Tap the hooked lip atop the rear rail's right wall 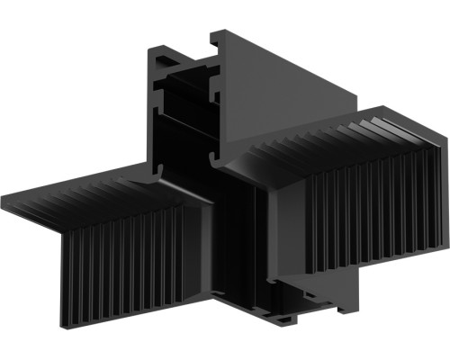(218, 40)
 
